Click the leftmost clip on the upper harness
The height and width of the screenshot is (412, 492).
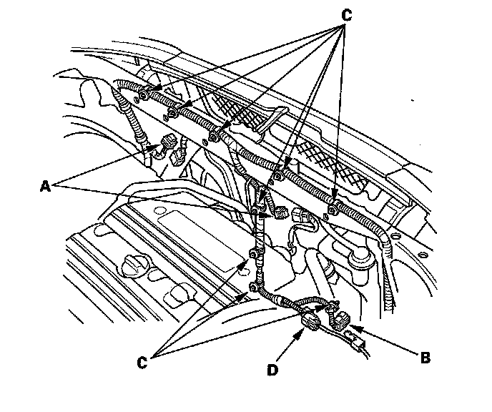click(144, 94)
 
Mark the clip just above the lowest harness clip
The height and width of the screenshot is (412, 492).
click(254, 254)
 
